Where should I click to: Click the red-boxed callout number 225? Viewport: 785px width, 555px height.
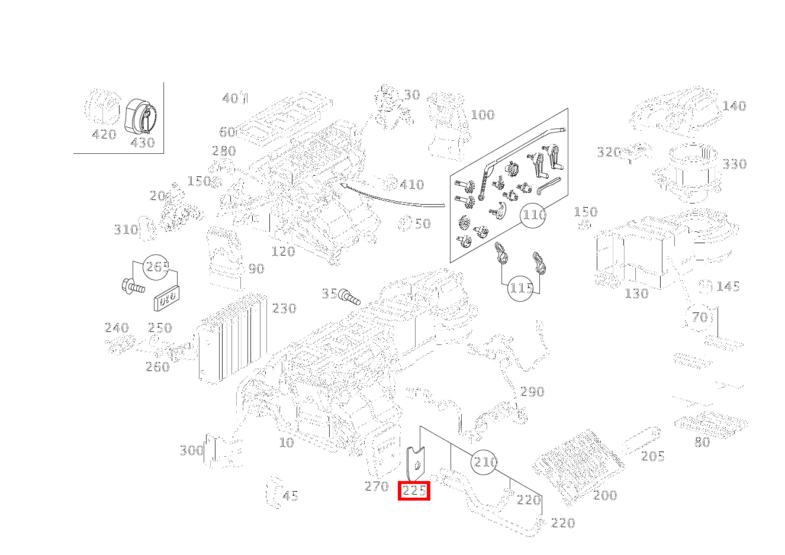coord(414,491)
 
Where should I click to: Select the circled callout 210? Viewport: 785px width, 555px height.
coord(485,462)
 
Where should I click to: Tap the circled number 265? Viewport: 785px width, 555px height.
coord(157,267)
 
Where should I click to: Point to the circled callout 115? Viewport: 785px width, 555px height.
coord(521,288)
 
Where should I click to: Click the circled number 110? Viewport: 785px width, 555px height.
coord(533,215)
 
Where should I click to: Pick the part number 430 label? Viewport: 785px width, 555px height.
coord(142,143)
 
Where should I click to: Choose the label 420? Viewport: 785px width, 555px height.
coord(104,135)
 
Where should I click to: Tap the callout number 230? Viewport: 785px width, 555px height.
coord(284,308)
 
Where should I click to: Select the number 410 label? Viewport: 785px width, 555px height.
coord(412,185)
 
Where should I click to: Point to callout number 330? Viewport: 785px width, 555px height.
coord(734,164)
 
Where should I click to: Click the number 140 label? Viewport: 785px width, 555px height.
coord(734,107)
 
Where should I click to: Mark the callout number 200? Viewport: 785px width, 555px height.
coord(605,495)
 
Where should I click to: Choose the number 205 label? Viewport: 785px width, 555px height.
coord(652,456)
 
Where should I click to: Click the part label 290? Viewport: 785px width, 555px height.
coord(532,392)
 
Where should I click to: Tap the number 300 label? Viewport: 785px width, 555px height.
coord(191,451)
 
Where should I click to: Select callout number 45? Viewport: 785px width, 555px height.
coord(290,496)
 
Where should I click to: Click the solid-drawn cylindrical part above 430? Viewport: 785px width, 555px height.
coord(141,115)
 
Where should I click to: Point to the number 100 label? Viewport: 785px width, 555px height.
coord(482,115)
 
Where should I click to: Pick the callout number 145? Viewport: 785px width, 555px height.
coord(728,287)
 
